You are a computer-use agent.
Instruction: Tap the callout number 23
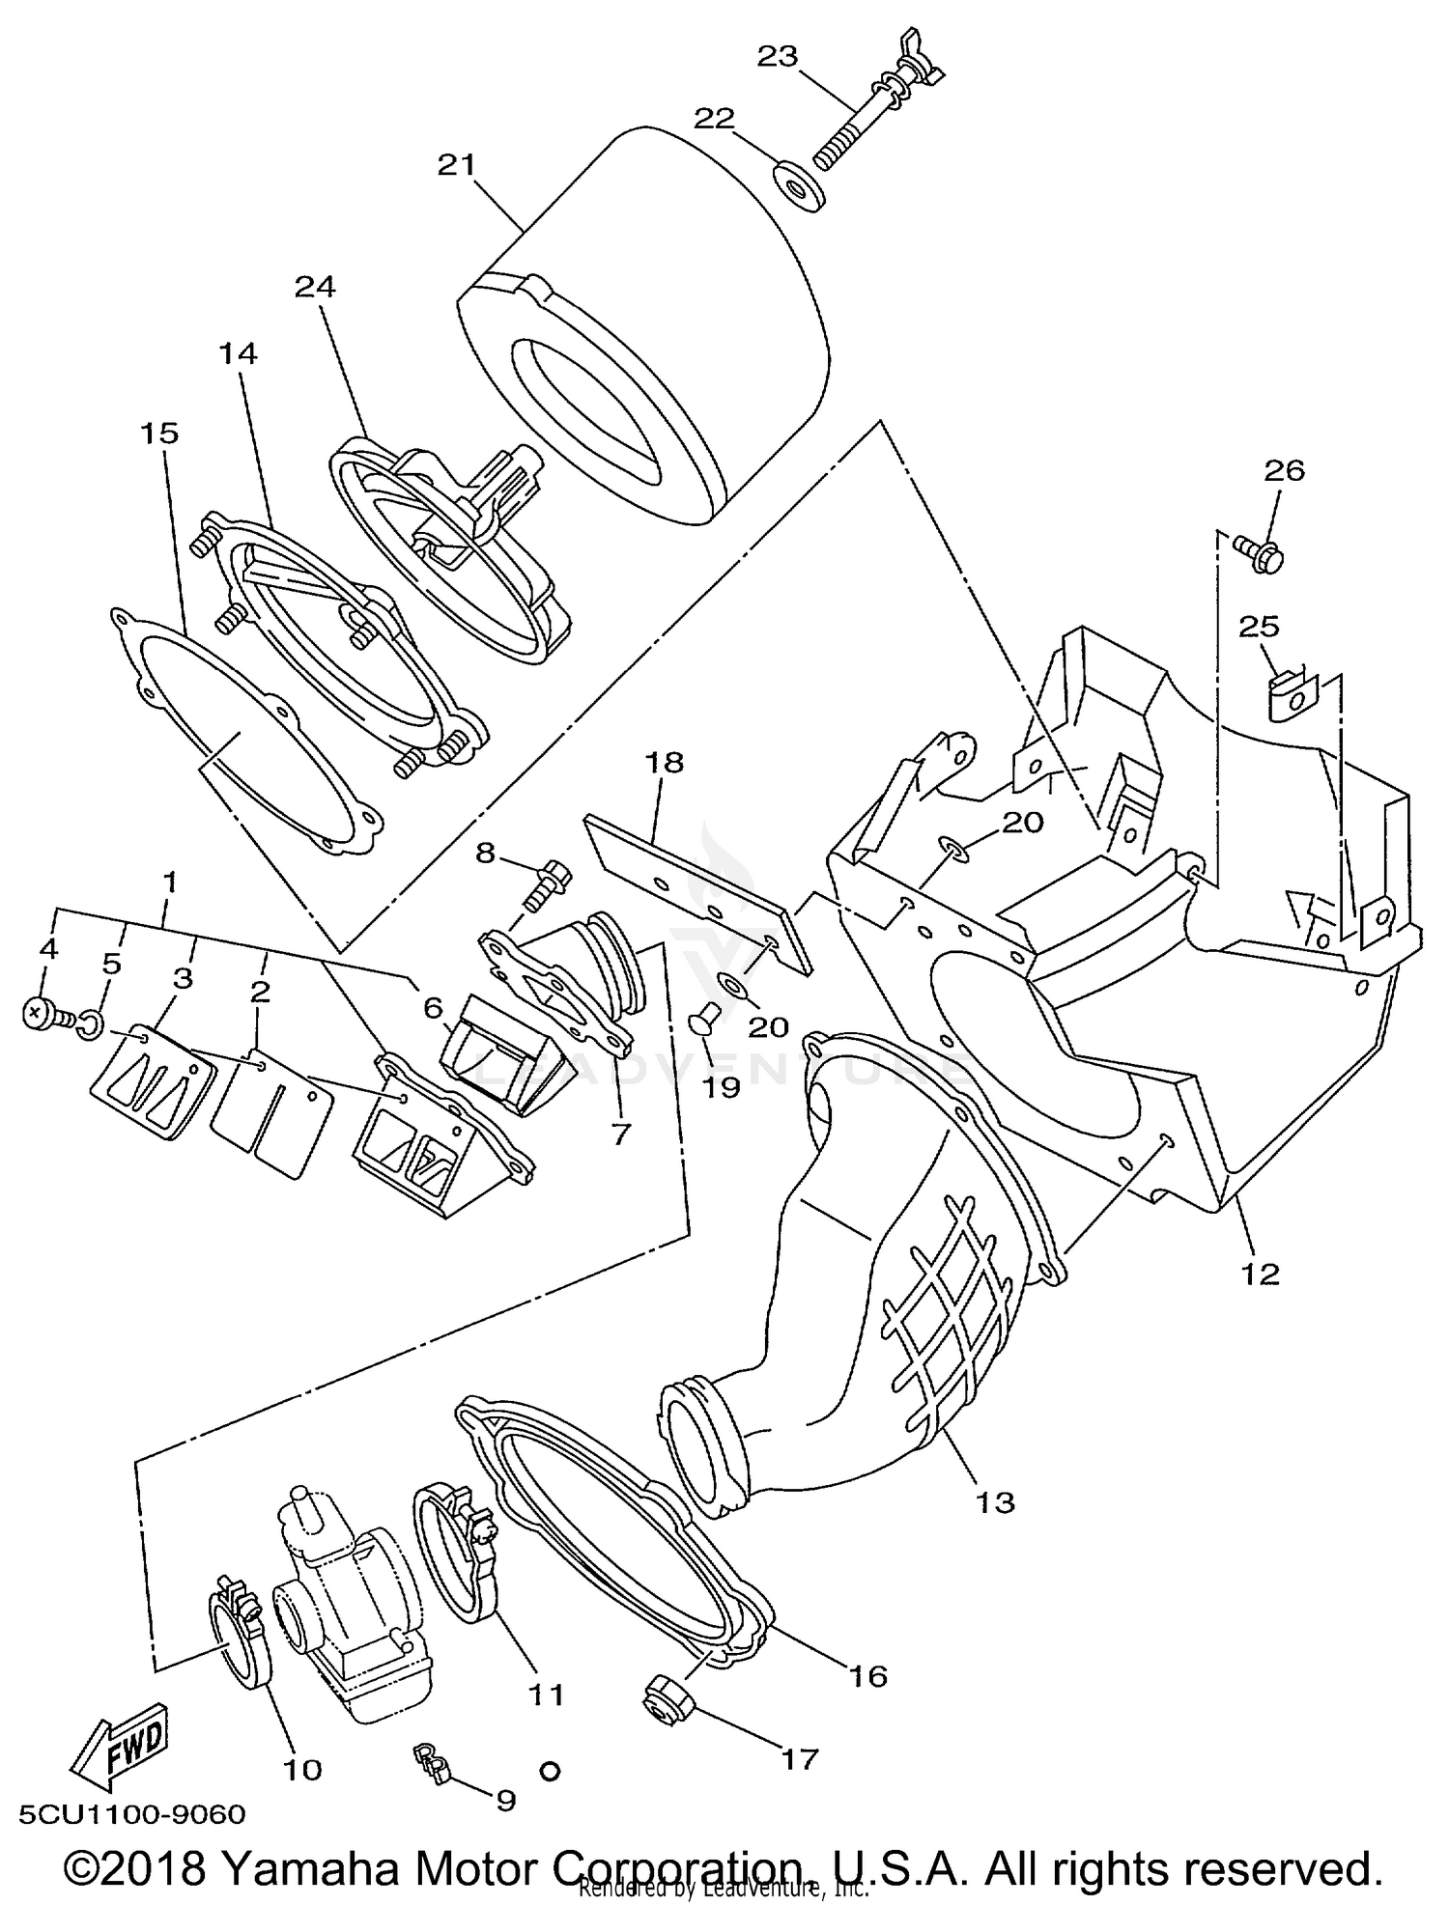click(x=777, y=57)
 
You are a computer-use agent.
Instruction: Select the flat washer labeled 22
click(x=799, y=185)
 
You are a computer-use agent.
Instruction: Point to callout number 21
click(x=457, y=165)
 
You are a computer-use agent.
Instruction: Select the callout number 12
click(x=1260, y=1274)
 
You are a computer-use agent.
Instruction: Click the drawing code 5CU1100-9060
click(x=129, y=1813)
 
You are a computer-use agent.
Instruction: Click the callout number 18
click(x=664, y=763)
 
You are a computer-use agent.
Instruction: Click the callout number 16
click(x=868, y=1676)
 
